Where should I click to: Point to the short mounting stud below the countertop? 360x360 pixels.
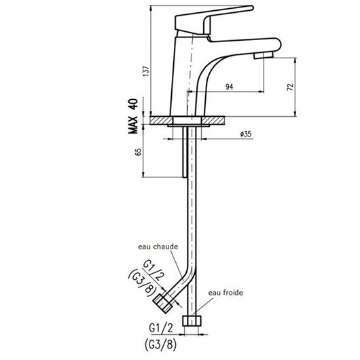(184, 154)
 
